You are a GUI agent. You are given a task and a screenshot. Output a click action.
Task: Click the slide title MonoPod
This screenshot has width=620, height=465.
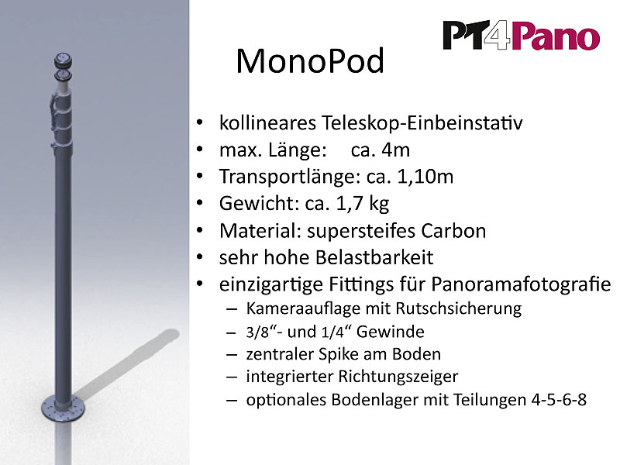click(310, 61)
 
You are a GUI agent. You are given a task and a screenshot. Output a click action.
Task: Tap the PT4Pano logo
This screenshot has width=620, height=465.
click(521, 36)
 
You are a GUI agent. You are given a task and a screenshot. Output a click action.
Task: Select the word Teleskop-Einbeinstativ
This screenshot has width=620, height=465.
click(422, 123)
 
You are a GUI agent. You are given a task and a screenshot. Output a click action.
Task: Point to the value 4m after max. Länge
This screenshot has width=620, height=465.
click(395, 150)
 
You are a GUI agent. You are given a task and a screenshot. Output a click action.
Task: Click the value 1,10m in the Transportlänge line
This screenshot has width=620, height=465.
click(425, 177)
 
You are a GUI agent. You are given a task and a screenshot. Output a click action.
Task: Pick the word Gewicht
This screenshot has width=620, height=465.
click(260, 204)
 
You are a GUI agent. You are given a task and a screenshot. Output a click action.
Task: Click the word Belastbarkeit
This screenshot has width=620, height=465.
click(374, 257)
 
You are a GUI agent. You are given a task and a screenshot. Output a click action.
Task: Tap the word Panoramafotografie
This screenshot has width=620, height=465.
click(521, 284)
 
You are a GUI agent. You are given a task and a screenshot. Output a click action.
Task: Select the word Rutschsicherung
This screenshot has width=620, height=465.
click(459, 308)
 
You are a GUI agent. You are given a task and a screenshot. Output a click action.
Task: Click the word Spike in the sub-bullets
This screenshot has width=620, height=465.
click(339, 354)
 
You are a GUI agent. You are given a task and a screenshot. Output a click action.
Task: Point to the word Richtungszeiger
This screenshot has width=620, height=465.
click(398, 377)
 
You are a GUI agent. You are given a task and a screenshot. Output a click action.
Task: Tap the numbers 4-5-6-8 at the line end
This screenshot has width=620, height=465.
click(559, 400)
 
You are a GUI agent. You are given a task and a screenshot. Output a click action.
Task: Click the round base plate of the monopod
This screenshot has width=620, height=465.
click(64, 408)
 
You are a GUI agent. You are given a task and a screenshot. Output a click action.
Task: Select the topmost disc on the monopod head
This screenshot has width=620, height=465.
click(64, 60)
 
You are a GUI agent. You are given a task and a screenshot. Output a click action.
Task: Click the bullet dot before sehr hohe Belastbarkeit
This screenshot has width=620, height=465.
click(200, 257)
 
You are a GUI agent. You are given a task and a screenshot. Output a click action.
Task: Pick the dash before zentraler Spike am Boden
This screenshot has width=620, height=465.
click(231, 355)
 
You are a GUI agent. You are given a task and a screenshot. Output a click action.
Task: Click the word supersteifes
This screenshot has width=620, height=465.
click(360, 231)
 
